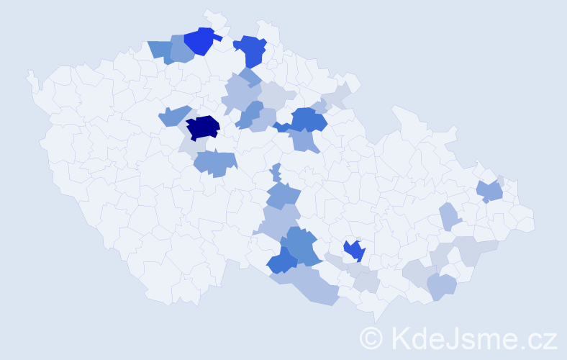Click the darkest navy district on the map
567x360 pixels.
click(202, 127)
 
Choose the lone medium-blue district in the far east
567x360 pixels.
click(490, 192)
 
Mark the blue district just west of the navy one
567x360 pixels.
click(173, 116)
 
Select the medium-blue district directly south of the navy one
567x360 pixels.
click(215, 163)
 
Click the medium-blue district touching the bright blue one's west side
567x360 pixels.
click(180, 49)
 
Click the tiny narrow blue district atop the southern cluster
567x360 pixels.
click(276, 173)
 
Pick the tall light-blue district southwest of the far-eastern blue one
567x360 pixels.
click(449, 215)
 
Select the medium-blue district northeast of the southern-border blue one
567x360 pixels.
click(301, 246)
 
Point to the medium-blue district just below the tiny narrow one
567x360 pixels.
click(282, 194)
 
